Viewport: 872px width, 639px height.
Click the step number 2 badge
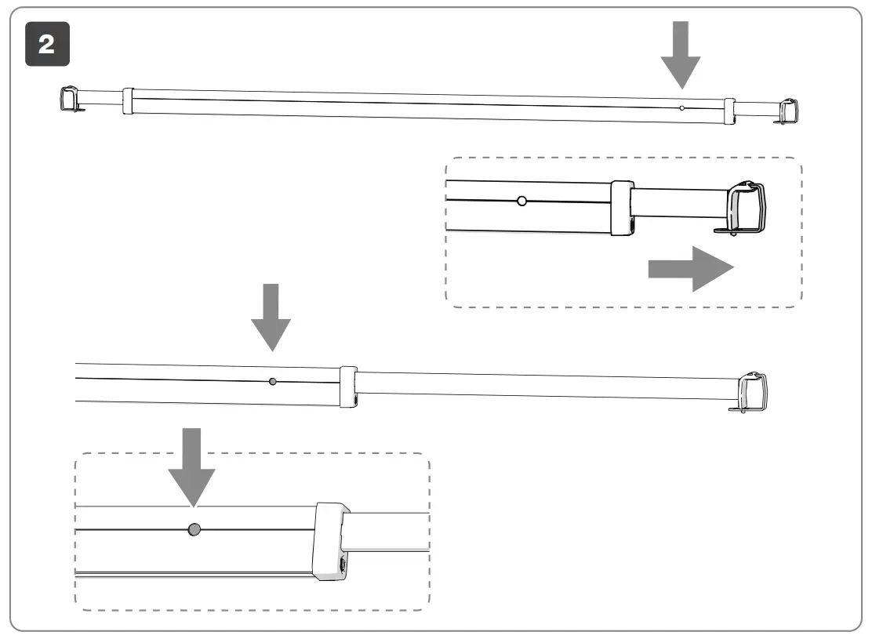[46, 45]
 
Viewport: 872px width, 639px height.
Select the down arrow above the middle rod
[271, 317]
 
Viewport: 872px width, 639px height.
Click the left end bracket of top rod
[71, 100]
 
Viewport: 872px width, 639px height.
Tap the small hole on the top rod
[682, 107]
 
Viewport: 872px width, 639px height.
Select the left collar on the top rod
[128, 102]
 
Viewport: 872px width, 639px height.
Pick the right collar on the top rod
[729, 111]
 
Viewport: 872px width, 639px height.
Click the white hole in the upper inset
[521, 201]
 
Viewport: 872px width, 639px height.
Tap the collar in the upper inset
[622, 208]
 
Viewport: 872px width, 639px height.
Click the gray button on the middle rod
[272, 382]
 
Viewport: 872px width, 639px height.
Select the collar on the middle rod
[348, 387]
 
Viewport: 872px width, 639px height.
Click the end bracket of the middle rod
[754, 391]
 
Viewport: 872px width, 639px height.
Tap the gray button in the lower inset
[194, 531]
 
